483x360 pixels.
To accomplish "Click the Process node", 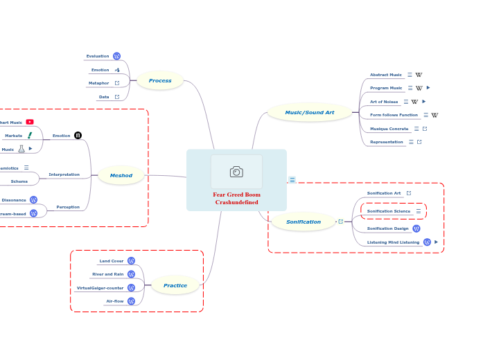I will click(x=160, y=80).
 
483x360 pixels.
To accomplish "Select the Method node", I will click(x=121, y=175).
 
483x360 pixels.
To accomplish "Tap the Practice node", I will click(x=175, y=285).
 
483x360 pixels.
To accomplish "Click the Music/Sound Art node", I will click(x=309, y=112).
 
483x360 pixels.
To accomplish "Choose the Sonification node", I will click(x=304, y=222).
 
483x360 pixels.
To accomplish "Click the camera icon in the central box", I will click(x=236, y=171).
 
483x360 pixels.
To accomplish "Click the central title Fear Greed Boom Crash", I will click(x=236, y=199).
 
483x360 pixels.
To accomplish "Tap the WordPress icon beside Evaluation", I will click(x=116, y=56).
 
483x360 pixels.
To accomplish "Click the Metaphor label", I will click(x=98, y=83).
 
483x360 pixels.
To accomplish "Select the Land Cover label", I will click(x=111, y=261).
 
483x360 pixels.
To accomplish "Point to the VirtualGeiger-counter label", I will click(x=100, y=287).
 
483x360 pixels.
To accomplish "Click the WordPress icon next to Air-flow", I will click(x=131, y=301).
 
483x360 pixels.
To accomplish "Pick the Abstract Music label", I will click(x=385, y=75).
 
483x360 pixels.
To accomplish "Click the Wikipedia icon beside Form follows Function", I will click(x=434, y=115).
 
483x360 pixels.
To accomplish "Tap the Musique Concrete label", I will click(x=389, y=129).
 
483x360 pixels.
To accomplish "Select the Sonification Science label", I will click(x=388, y=211).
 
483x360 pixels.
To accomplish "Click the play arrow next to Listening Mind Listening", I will click(x=436, y=242).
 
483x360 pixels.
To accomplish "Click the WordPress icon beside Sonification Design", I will click(x=416, y=228).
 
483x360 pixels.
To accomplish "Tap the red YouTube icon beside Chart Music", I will click(x=30, y=122).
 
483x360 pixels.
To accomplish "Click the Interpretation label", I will click(x=64, y=174).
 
